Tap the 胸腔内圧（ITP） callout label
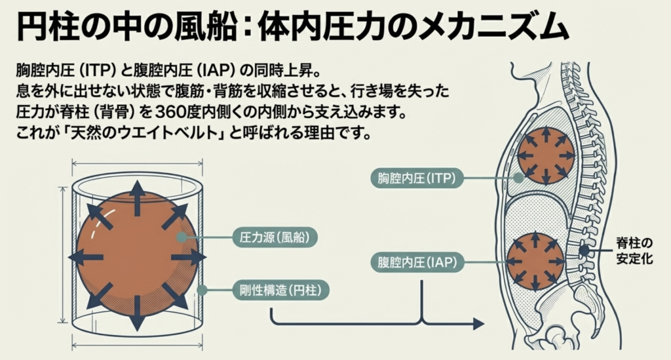(417, 177)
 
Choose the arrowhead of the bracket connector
(477, 323)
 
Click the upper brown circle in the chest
(546, 156)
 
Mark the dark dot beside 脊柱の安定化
(583, 250)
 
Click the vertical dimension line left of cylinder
(63, 255)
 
